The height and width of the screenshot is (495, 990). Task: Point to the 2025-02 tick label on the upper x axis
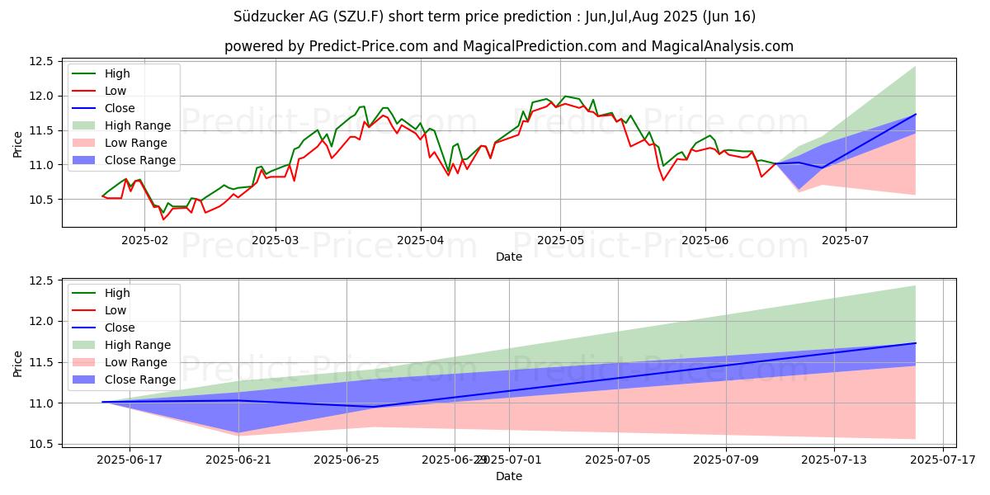tap(144, 240)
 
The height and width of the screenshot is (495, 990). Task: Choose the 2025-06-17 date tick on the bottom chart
tap(130, 459)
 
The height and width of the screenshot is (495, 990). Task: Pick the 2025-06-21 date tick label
tap(238, 459)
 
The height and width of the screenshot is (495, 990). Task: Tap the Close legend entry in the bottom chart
tap(119, 328)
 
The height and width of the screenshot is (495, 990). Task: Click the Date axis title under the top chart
tap(509, 257)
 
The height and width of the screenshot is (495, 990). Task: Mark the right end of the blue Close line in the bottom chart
tap(916, 343)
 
